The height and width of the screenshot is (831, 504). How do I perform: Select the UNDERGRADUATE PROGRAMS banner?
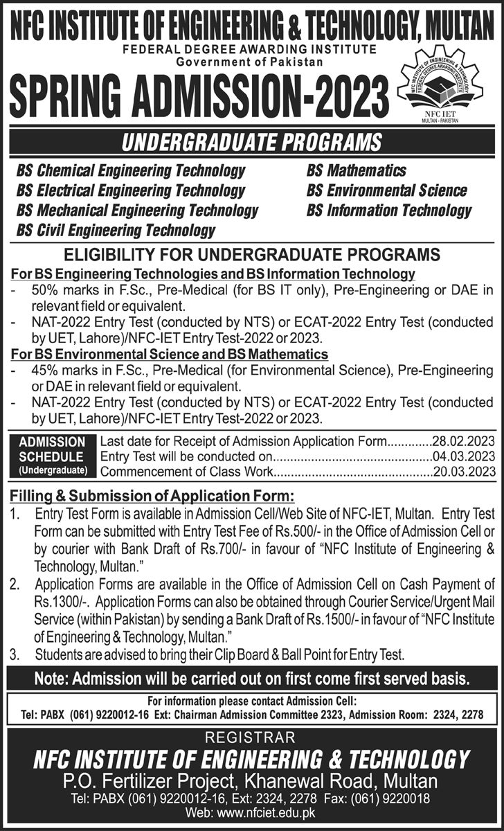(252, 143)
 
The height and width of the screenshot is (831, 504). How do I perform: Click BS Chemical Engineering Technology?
(127, 170)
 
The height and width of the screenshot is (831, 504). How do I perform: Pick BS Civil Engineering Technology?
(116, 230)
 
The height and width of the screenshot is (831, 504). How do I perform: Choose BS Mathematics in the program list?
(356, 170)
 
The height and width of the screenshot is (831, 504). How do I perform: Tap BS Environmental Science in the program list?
(387, 190)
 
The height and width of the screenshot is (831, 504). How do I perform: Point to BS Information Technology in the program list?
(389, 211)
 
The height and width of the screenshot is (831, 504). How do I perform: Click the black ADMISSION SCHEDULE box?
(53, 456)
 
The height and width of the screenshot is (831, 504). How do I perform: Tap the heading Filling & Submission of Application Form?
(152, 497)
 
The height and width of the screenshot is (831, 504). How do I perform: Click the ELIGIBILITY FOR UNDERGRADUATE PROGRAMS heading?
(252, 253)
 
